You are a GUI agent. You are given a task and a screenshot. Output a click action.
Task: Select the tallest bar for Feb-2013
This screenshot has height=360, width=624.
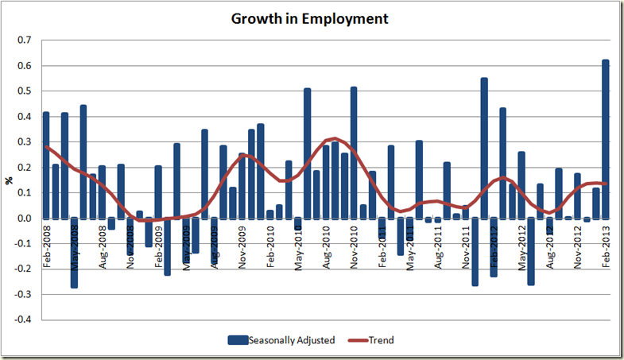pyautogui.click(x=606, y=139)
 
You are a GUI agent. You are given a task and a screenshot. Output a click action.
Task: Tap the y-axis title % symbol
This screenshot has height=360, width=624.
pyautogui.click(x=10, y=180)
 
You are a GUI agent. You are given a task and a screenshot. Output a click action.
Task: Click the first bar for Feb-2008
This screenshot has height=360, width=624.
pyautogui.click(x=46, y=165)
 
